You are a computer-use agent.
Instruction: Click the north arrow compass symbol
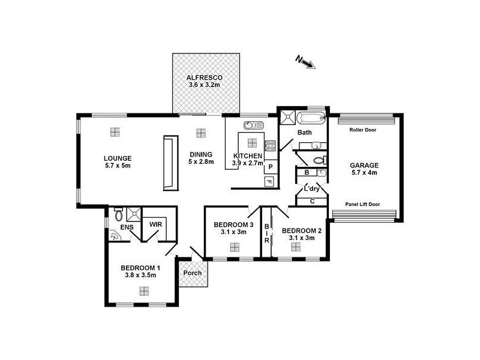(x=305, y=62)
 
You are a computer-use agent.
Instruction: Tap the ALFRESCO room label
(x=205, y=77)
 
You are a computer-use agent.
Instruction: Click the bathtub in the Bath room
(x=311, y=118)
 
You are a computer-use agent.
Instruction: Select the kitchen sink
(x=253, y=125)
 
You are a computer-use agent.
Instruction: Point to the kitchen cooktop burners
(x=270, y=145)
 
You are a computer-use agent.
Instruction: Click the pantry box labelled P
(x=271, y=167)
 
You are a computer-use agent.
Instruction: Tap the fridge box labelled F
(x=269, y=182)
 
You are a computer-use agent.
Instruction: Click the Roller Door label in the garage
(x=363, y=130)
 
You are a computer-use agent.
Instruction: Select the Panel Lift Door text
(x=362, y=204)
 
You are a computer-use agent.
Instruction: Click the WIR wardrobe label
(x=155, y=224)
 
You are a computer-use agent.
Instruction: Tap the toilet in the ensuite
(x=118, y=214)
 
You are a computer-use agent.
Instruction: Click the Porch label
(x=193, y=273)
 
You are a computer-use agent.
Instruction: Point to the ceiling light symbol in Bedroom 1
(x=144, y=291)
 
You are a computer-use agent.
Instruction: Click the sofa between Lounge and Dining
(x=171, y=163)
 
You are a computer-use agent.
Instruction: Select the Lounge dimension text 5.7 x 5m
(x=118, y=166)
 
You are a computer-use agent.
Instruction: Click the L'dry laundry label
(x=311, y=189)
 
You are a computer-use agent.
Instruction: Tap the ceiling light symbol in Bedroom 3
(x=235, y=247)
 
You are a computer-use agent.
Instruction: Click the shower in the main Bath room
(x=288, y=117)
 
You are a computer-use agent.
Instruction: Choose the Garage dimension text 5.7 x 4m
(x=364, y=173)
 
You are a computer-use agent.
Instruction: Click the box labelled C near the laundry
(x=312, y=202)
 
